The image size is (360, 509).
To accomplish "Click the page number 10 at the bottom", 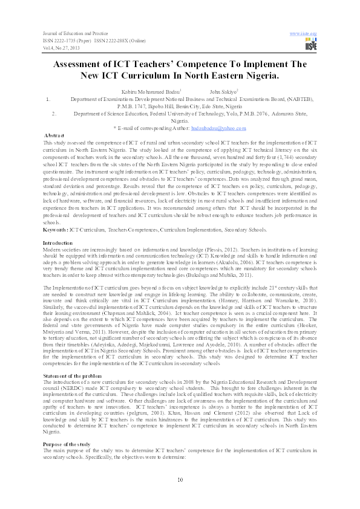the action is pyautogui.click(x=180, y=479).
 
